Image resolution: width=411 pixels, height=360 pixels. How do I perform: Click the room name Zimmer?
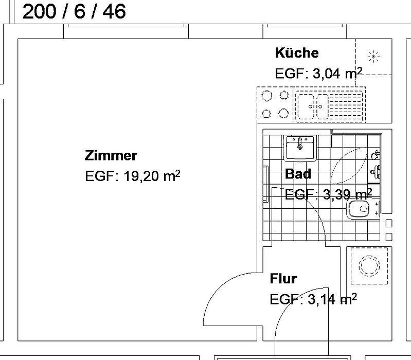coord(111,155)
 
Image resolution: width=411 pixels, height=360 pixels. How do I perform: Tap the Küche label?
coord(297,52)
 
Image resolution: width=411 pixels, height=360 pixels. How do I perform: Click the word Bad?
coord(298,174)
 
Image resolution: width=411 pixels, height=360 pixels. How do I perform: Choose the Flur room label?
coord(283,279)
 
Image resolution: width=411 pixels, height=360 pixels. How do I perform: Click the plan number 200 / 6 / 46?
coord(74,11)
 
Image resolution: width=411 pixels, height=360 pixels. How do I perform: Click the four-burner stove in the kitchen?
coord(275,104)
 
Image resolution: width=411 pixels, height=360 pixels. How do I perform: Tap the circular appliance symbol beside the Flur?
coord(368,265)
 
